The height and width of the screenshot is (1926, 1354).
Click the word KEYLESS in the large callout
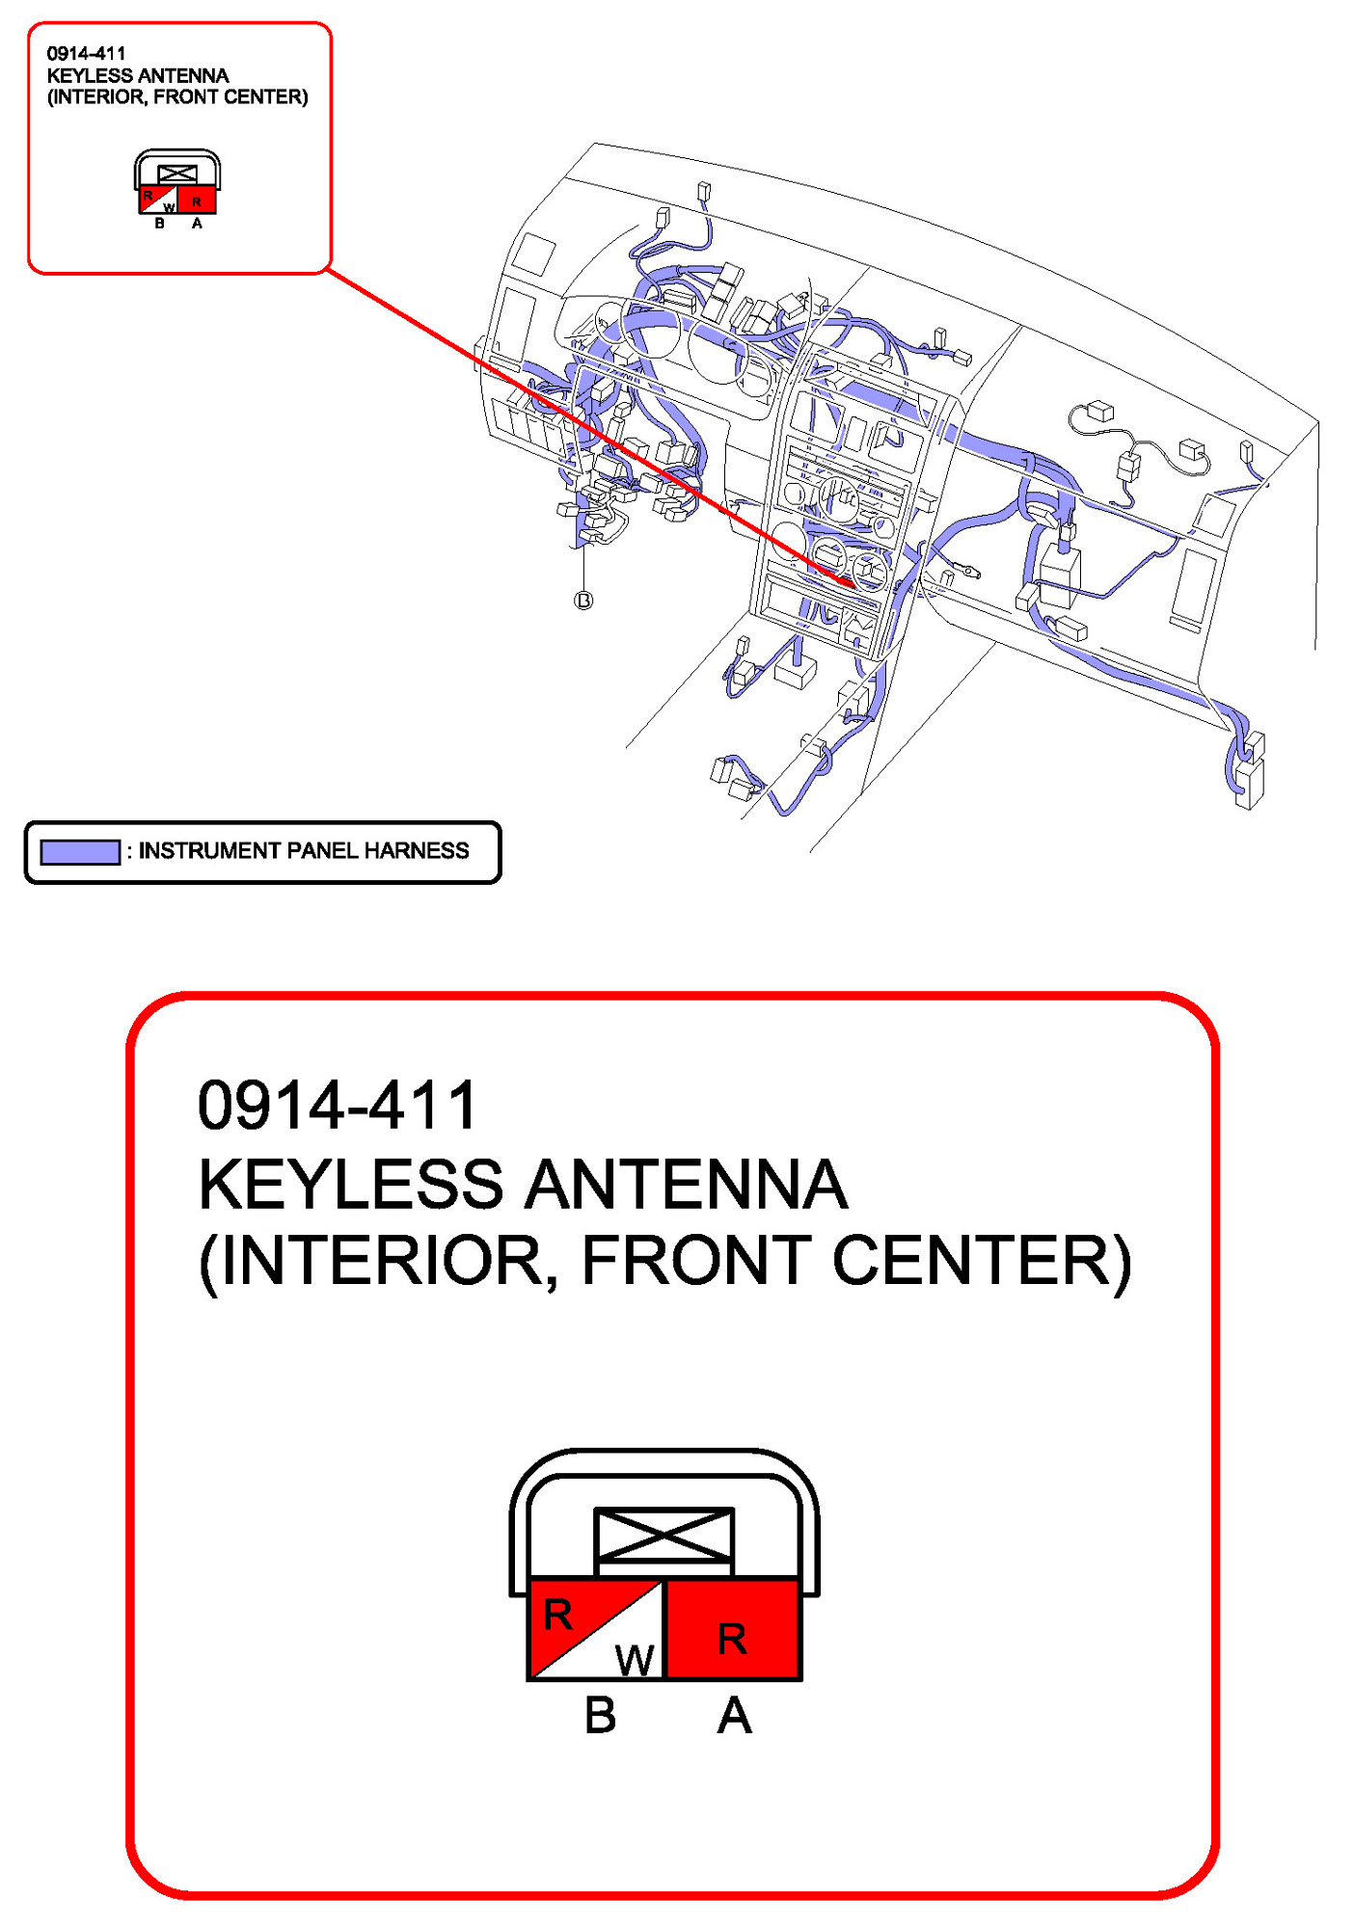[350, 1185]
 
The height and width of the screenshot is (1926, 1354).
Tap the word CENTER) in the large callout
[981, 1261]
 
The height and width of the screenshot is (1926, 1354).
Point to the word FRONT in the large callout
[695, 1261]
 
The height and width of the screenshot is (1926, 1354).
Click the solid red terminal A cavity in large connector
[733, 1630]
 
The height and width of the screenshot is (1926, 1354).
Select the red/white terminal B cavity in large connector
[595, 1630]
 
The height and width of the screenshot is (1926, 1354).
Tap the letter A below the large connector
[734, 1717]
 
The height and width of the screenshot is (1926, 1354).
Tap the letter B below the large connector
[600, 1717]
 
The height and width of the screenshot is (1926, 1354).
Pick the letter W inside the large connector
[635, 1660]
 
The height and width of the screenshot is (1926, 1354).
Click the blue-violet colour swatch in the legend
[79, 852]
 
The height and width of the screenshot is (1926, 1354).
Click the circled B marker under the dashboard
[583, 601]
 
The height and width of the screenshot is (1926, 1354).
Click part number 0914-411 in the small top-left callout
[86, 54]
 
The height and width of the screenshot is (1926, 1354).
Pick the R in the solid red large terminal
[732, 1639]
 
